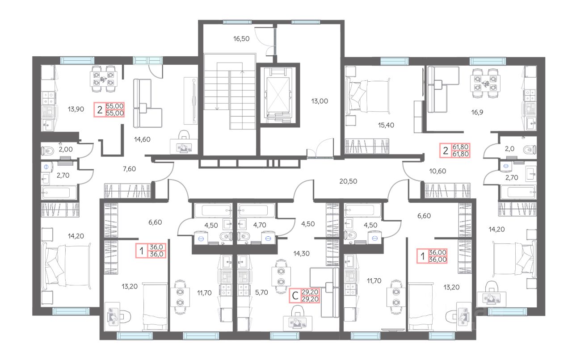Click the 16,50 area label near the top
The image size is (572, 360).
click(x=241, y=39)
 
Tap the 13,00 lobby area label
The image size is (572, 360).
click(x=320, y=101)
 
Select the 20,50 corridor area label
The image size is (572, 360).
click(x=348, y=181)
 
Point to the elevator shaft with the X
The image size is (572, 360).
click(x=278, y=95)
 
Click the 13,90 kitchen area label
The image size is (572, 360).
click(x=76, y=109)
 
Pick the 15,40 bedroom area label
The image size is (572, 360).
click(x=386, y=125)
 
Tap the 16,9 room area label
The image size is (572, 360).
click(x=477, y=113)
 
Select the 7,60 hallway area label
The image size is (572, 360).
click(x=129, y=169)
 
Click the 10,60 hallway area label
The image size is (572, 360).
click(x=437, y=171)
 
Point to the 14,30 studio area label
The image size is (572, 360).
click(x=301, y=254)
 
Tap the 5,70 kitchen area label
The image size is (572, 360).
click(x=261, y=293)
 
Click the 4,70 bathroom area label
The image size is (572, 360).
click(x=260, y=225)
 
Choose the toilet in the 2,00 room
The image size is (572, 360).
click(x=48, y=151)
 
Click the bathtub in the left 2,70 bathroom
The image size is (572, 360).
click(x=59, y=193)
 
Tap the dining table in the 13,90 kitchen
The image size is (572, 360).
click(x=103, y=79)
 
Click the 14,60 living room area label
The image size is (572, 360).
click(x=142, y=139)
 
